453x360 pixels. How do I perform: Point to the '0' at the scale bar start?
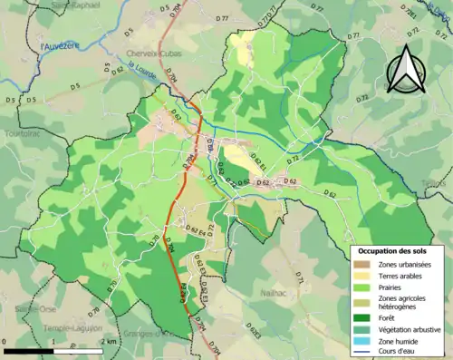5,343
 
